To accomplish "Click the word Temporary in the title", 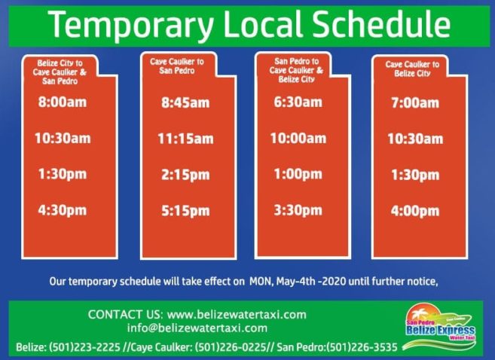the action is click(x=131, y=26).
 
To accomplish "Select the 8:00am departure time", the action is click(x=63, y=102).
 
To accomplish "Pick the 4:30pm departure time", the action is click(x=63, y=210).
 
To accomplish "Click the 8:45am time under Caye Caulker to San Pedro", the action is click(x=185, y=103).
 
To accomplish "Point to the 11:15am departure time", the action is click(x=185, y=139).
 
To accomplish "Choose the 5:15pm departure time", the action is click(x=185, y=211).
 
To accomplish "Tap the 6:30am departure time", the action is click(x=298, y=102).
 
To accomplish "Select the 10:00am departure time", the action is click(x=298, y=139).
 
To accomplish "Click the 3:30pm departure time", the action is click(x=298, y=210).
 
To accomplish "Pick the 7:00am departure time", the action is click(x=415, y=103).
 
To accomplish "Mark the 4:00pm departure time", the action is click(x=415, y=211).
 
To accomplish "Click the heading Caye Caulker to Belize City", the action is click(x=412, y=69).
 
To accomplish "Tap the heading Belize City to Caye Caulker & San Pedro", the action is click(x=60, y=72).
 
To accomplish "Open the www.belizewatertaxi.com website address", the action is click(x=237, y=315).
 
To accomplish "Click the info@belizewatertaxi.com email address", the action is click(x=197, y=328).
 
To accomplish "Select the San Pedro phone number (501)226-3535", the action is click(x=362, y=347).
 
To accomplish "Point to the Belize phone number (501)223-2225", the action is click(x=84, y=347).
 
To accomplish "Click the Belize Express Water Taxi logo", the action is click(x=440, y=327).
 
